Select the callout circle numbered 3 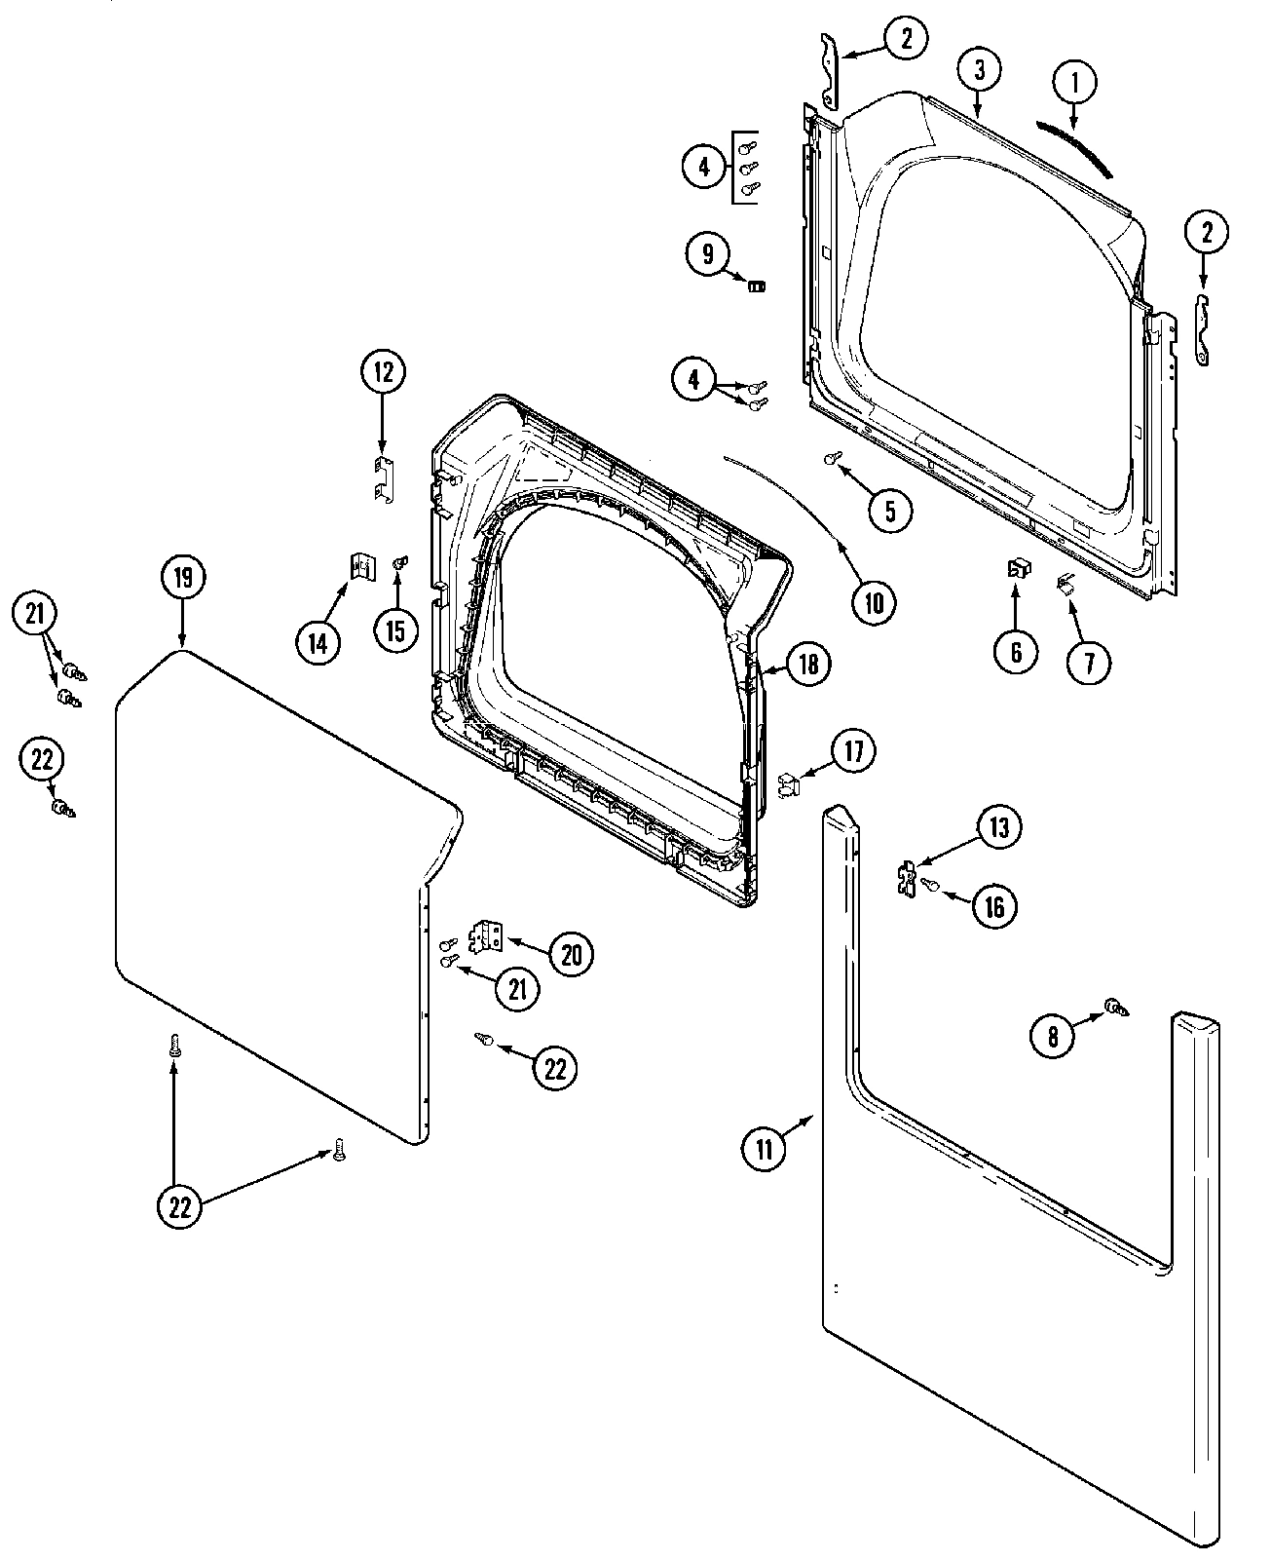click(979, 69)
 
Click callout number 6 click(1016, 651)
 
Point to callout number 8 click(1053, 1037)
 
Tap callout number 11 click(764, 1149)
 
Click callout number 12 click(382, 371)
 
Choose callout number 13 click(999, 827)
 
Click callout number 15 click(394, 630)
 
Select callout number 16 click(993, 906)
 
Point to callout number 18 click(808, 664)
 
